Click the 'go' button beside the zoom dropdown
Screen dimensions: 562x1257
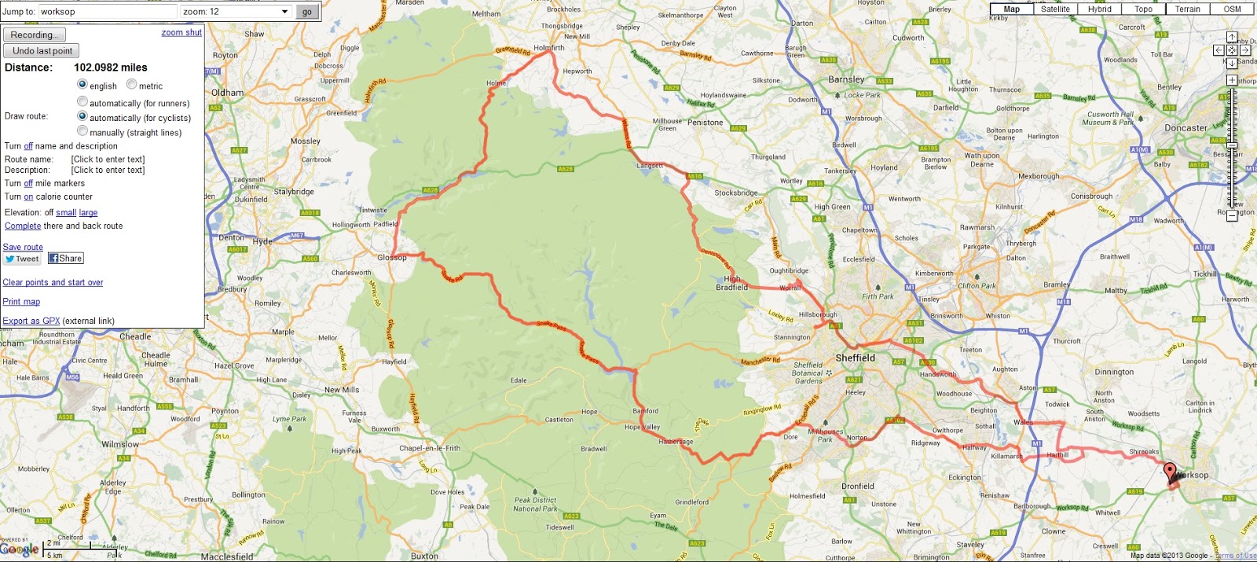click(x=307, y=12)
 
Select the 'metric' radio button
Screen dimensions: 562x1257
click(x=132, y=84)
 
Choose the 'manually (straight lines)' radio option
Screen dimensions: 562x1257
click(x=82, y=131)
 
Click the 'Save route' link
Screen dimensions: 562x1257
click(x=23, y=247)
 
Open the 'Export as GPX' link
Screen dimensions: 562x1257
click(x=31, y=321)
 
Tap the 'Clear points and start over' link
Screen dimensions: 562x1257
click(x=53, y=282)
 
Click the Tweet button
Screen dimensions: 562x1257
click(x=21, y=259)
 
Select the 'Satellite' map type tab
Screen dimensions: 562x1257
click(x=1055, y=9)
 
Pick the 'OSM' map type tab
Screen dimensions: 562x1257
click(x=1232, y=9)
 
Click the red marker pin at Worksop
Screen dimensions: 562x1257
click(x=1170, y=472)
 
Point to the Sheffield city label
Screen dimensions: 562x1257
click(x=855, y=358)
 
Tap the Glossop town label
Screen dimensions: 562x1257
click(x=392, y=258)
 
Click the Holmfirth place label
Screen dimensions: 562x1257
click(x=548, y=48)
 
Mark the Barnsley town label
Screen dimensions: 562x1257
click(x=846, y=79)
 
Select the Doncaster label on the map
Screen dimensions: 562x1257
click(x=1186, y=128)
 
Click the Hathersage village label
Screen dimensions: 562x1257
click(x=676, y=442)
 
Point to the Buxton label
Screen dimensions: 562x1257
click(x=424, y=556)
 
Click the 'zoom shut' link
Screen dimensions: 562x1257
click(x=181, y=32)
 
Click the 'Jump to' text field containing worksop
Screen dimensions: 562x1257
click(x=107, y=12)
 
